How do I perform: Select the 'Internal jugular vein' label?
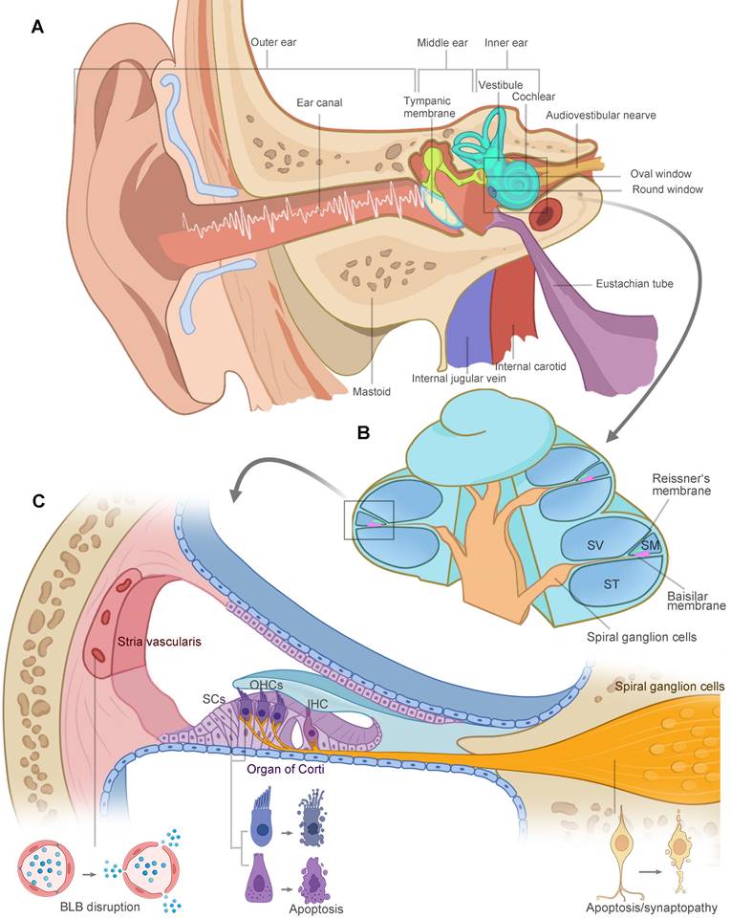pos(458,379)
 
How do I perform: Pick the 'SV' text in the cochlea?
pos(594,546)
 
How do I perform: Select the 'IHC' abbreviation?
pos(316,703)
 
